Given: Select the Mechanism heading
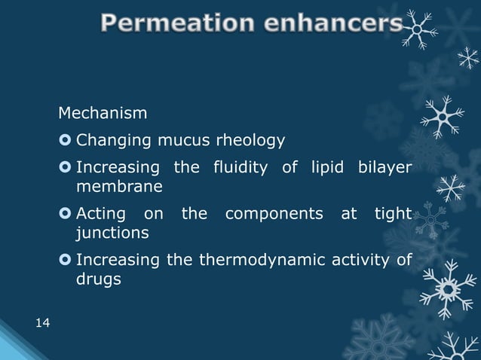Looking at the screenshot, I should pos(103,114).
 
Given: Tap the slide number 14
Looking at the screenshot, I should pos(43,324).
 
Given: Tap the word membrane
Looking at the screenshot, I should pos(114,186).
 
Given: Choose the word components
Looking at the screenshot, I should pos(274,215).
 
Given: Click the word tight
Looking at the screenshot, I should pos(393,215).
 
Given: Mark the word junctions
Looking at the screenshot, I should pos(112,233).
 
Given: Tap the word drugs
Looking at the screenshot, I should pos(98,280).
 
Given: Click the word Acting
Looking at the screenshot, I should pos(101,215).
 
